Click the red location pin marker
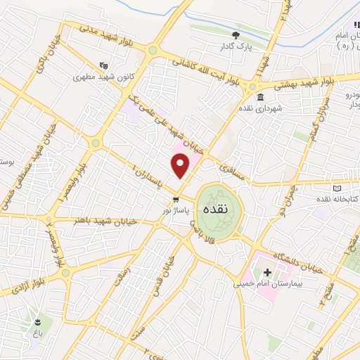[x=180, y=165]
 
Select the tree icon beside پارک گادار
[x=236, y=35]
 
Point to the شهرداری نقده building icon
[x=261, y=97]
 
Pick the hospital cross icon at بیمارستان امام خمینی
[x=267, y=271]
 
